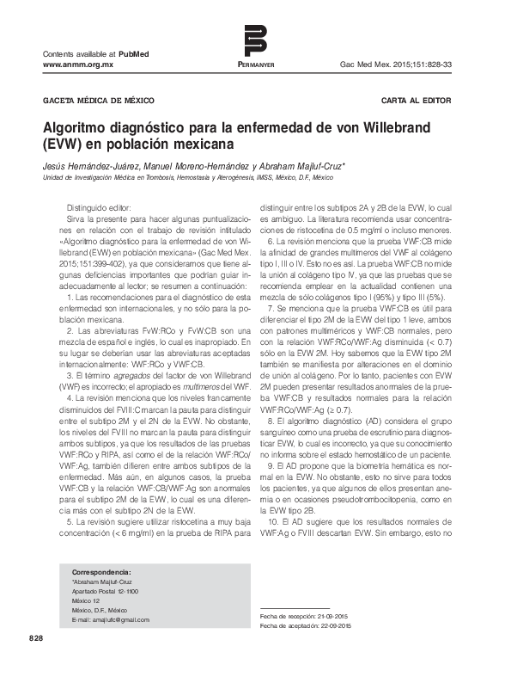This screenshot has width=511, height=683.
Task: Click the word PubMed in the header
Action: [134, 54]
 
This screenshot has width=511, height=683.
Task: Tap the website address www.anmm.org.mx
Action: [78, 65]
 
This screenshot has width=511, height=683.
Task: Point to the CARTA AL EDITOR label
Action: [417, 101]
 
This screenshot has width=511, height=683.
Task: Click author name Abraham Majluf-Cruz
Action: [296, 163]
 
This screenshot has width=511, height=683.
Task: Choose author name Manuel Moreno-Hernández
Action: [186, 163]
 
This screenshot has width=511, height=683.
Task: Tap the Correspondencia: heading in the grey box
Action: [101, 571]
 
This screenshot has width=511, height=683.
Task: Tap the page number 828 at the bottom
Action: [35, 638]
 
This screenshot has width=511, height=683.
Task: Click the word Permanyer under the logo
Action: [255, 65]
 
